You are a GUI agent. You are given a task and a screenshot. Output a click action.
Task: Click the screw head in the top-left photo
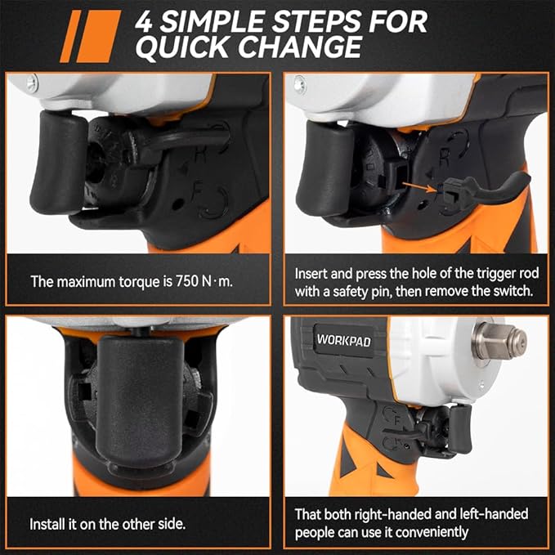(x=31, y=82)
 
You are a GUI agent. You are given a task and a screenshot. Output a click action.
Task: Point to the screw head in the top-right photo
(x=300, y=83)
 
